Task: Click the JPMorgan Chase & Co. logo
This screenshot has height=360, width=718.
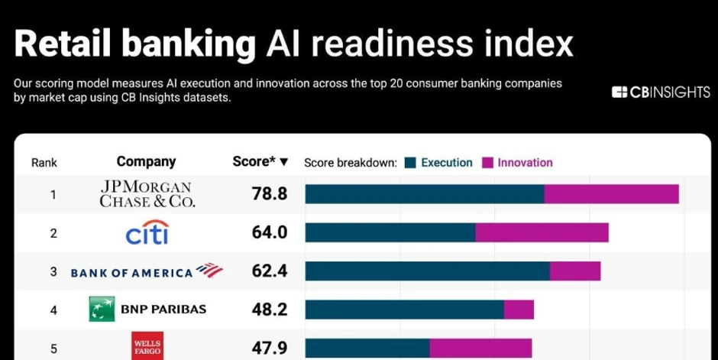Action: pos(147,194)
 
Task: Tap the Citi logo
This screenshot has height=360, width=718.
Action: pos(147,232)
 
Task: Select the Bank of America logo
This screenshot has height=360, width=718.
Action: pos(146,271)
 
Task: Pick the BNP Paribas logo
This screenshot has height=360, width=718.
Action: pos(147,310)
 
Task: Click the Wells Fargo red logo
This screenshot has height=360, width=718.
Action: pos(147,346)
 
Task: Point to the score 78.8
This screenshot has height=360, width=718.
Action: pos(270,194)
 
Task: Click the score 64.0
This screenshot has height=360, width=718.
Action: pos(270,232)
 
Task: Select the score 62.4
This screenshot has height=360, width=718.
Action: pos(270,271)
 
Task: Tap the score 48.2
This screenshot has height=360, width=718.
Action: pos(270,310)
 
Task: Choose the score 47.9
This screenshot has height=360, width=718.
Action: pos(270,349)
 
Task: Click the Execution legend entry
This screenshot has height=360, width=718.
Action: pos(439,162)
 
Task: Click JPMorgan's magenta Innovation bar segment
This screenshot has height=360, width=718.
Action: pos(611,194)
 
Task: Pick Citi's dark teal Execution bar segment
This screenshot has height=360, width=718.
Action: pos(390,232)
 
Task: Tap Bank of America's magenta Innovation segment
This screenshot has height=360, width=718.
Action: pos(575,271)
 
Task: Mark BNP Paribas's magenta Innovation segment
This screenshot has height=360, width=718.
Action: pos(519,310)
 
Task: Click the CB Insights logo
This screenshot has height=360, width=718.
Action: pos(661,92)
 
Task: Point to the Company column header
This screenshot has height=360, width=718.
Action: pos(146,161)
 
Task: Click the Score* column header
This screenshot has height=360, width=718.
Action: pos(260,161)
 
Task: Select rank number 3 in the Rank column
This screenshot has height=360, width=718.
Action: pos(53,271)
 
